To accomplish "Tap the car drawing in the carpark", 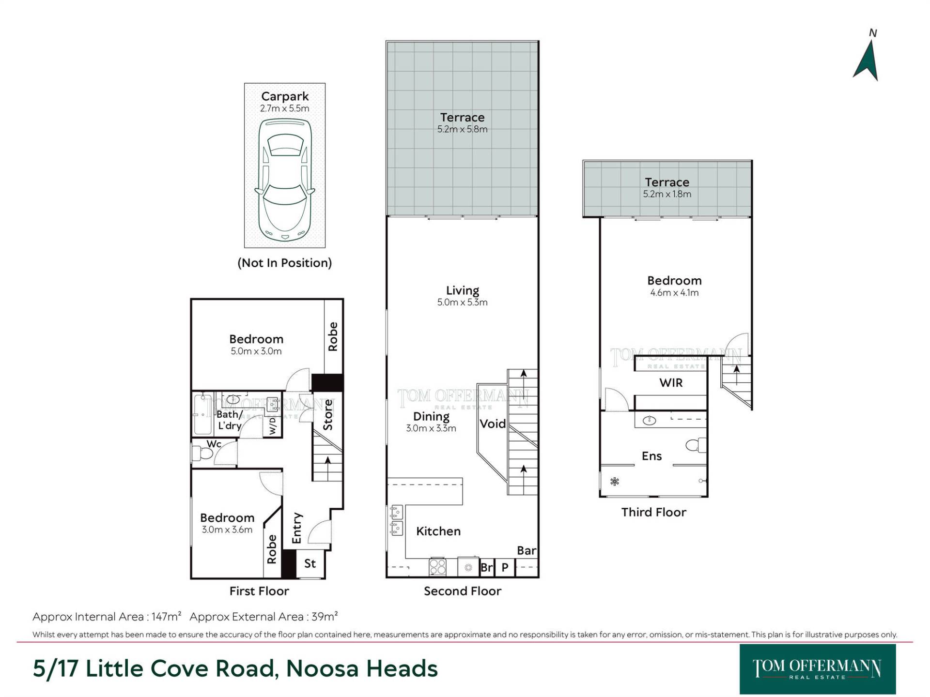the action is [x=285, y=180].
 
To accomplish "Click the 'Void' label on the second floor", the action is [x=493, y=424].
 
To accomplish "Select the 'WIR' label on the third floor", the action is [x=671, y=383].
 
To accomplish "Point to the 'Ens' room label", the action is [x=651, y=456].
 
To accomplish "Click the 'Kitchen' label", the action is [x=438, y=531].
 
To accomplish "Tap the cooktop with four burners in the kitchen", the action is [x=437, y=567].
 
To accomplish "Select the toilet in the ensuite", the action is [x=697, y=445].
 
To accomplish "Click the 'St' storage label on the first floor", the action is [x=310, y=563].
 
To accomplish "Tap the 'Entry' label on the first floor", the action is [x=297, y=528].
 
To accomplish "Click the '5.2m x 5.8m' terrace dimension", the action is [x=463, y=129].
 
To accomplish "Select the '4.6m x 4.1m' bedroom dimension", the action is [x=674, y=292].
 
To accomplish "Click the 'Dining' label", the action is [x=431, y=416].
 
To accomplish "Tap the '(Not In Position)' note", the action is [x=285, y=263].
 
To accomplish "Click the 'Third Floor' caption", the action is [x=654, y=512].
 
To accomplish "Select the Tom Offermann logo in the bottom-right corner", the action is [x=818, y=669].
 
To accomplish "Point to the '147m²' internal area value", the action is [x=166, y=617].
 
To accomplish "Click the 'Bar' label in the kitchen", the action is [x=527, y=551].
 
